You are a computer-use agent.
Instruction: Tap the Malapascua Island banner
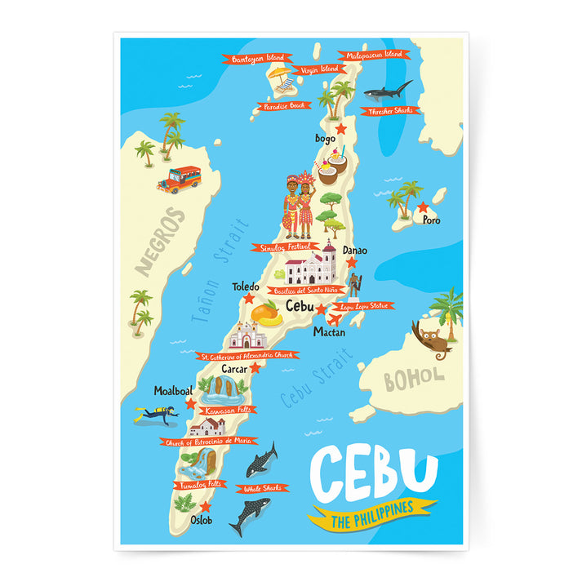pos(375,56)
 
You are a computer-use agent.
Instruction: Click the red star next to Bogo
pos(340,129)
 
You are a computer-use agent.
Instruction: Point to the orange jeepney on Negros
pos(180,179)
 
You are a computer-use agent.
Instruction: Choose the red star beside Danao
pos(352,263)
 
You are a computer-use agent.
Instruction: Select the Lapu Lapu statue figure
pos(353,284)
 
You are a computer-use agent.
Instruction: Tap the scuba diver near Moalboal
pos(157,415)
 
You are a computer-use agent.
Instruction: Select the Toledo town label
pos(245,287)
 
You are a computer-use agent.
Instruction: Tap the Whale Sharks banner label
pos(262,488)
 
